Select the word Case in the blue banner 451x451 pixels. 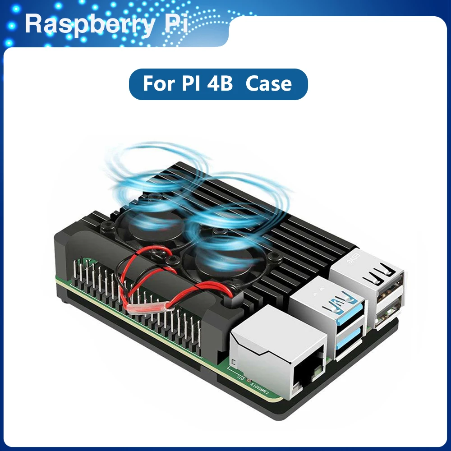269,84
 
